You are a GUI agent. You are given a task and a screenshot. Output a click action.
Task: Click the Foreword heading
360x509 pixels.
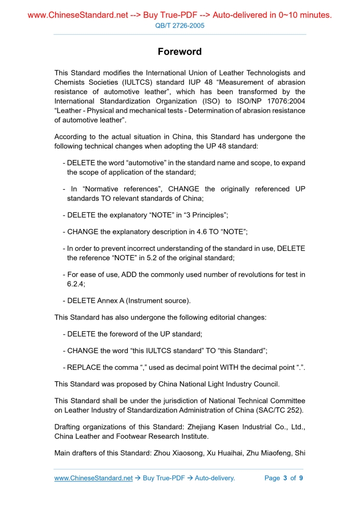(x=180, y=51)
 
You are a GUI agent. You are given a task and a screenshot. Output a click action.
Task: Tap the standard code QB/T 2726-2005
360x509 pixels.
(x=180, y=25)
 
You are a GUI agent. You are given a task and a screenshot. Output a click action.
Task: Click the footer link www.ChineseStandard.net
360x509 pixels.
(x=94, y=478)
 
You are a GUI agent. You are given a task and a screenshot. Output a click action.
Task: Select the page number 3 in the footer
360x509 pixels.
(x=285, y=478)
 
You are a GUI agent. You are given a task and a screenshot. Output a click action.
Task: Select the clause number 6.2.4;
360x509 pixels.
(x=76, y=284)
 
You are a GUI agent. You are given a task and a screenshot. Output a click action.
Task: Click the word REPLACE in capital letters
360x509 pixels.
(x=84, y=368)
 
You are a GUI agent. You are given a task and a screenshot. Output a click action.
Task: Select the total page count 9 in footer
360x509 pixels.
(x=301, y=478)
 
